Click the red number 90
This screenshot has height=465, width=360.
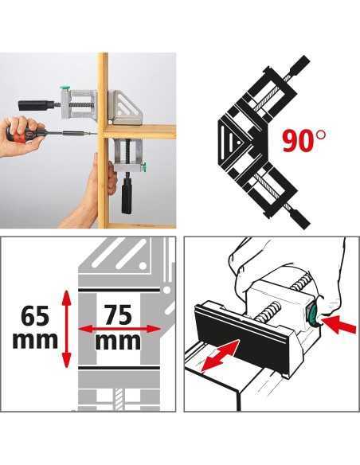[299, 141]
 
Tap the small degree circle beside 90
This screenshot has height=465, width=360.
[321, 135]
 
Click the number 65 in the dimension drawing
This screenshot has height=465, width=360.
[35, 316]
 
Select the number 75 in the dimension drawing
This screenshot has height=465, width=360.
[118, 315]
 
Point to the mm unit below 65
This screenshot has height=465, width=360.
[35, 340]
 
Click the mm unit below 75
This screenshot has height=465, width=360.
[118, 342]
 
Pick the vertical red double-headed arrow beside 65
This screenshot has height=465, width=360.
[67, 329]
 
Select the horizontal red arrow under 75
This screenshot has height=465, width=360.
[119, 329]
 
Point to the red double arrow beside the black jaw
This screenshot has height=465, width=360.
[221, 355]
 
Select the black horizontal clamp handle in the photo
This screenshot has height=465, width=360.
[36, 105]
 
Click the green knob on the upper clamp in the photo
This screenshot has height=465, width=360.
[65, 88]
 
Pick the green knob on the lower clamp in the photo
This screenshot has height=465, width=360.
[144, 167]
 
